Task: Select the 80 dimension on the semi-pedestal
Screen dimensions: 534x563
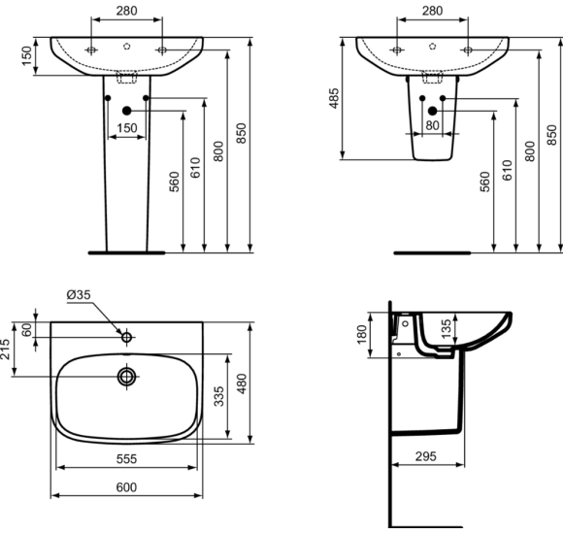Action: click(431, 124)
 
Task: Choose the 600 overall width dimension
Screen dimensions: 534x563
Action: click(126, 487)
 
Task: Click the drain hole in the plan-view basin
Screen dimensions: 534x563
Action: click(126, 375)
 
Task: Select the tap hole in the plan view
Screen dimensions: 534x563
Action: click(126, 337)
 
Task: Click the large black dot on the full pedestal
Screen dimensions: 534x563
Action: click(127, 112)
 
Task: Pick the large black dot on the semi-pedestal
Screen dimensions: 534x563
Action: click(432, 112)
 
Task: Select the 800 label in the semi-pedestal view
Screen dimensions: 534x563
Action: click(531, 150)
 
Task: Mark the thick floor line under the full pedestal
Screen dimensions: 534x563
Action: click(127, 251)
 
